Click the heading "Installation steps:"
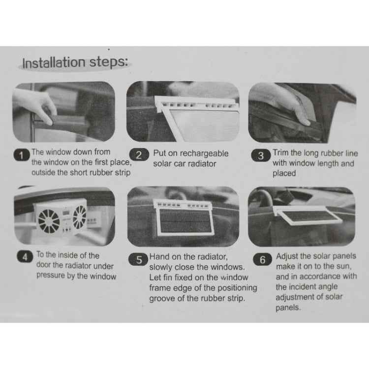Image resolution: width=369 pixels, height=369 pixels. click(75, 62)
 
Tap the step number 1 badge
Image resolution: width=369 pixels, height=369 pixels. click(22, 156)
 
